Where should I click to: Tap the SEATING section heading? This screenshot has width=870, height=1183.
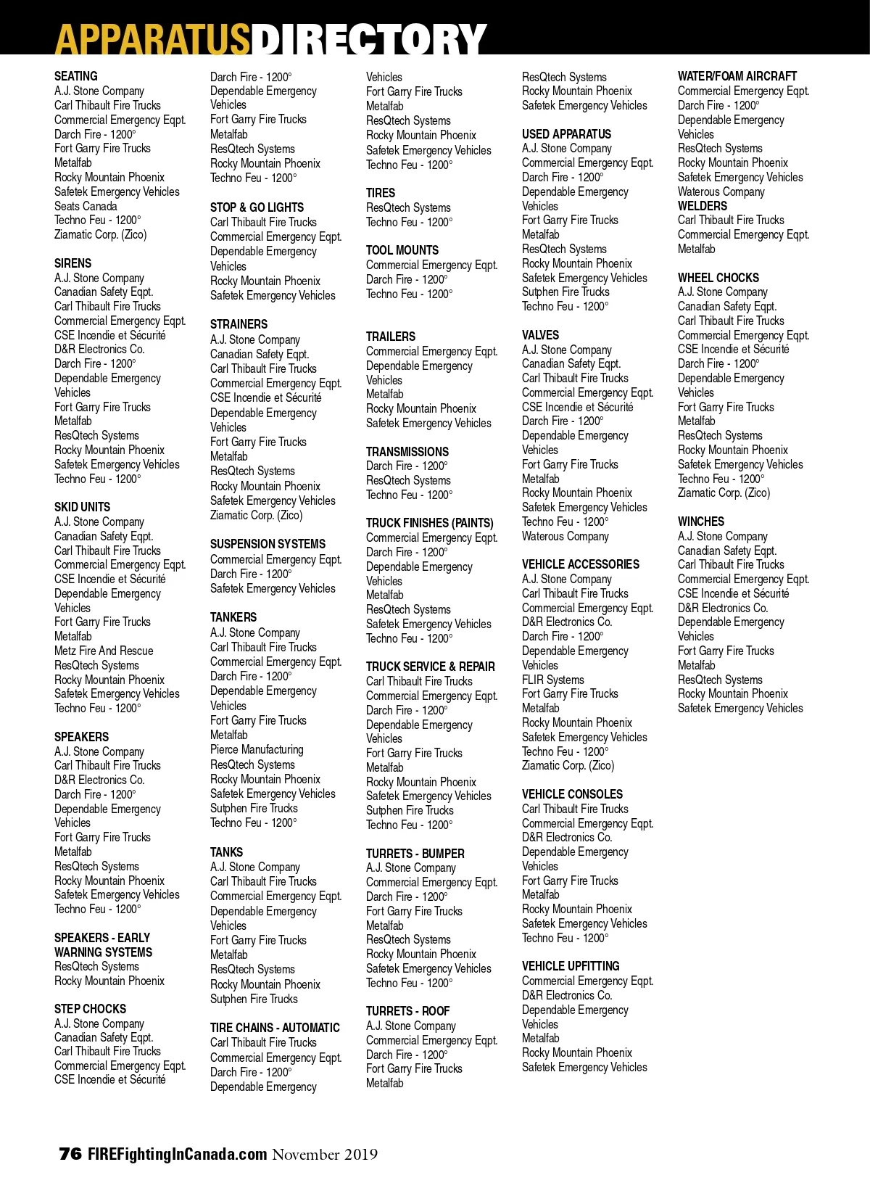coord(75,76)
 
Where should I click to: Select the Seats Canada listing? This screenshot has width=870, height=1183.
coord(86,206)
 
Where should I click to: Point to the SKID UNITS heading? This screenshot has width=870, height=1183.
coord(82,507)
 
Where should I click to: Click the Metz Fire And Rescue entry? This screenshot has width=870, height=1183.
coord(104,651)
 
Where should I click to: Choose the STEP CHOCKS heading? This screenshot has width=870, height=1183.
coord(90,1009)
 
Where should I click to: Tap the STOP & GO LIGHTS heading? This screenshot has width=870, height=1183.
coord(257,207)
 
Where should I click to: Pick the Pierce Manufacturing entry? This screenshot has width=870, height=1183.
coord(257,749)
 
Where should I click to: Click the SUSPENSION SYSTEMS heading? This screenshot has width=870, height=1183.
coord(268,544)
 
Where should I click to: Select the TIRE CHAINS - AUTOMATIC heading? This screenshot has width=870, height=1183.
coord(275,1028)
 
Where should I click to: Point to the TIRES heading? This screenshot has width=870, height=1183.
coord(381,193)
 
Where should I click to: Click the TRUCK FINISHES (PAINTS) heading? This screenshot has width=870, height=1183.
coord(429,523)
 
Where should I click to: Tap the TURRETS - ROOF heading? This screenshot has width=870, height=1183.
coord(407,1011)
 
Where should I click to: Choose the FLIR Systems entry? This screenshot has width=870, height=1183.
coord(552,680)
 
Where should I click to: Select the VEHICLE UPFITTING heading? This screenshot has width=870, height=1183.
coord(571,966)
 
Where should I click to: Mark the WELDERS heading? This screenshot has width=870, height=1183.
coord(702,206)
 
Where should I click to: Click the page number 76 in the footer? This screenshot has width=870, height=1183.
coord(70,1154)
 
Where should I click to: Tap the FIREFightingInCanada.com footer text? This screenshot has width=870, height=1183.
coord(178,1154)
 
